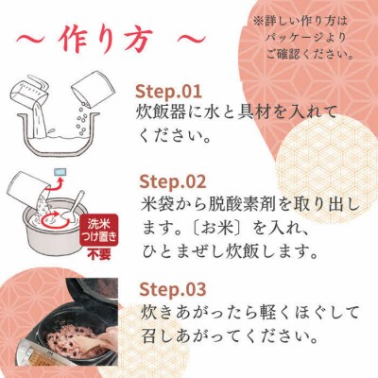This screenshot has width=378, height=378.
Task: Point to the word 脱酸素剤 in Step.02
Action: click(245, 204)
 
